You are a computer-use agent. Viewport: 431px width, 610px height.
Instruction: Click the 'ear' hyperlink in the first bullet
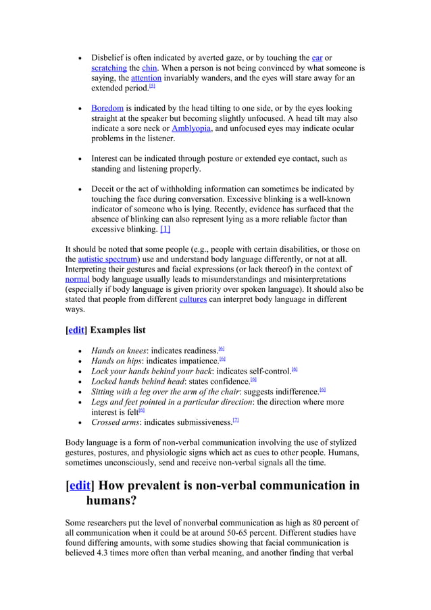pos(317,57)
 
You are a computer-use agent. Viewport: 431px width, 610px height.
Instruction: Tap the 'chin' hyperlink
pos(149,68)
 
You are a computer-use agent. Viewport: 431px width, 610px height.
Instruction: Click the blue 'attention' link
pos(146,78)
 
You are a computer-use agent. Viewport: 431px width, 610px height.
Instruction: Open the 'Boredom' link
pos(107,108)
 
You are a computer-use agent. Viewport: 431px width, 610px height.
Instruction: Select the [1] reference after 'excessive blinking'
pos(166,229)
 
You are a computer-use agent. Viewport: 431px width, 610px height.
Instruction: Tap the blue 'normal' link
pos(77,279)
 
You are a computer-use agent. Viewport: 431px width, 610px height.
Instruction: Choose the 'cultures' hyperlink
pos(193,299)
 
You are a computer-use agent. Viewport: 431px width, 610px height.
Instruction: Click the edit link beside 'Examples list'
pos(76,330)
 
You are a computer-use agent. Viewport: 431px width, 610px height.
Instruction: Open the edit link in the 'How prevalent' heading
pos(80,486)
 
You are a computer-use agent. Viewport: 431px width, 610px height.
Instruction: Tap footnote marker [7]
pos(235,420)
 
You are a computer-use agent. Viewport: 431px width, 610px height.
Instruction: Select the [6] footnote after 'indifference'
pos(322,390)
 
